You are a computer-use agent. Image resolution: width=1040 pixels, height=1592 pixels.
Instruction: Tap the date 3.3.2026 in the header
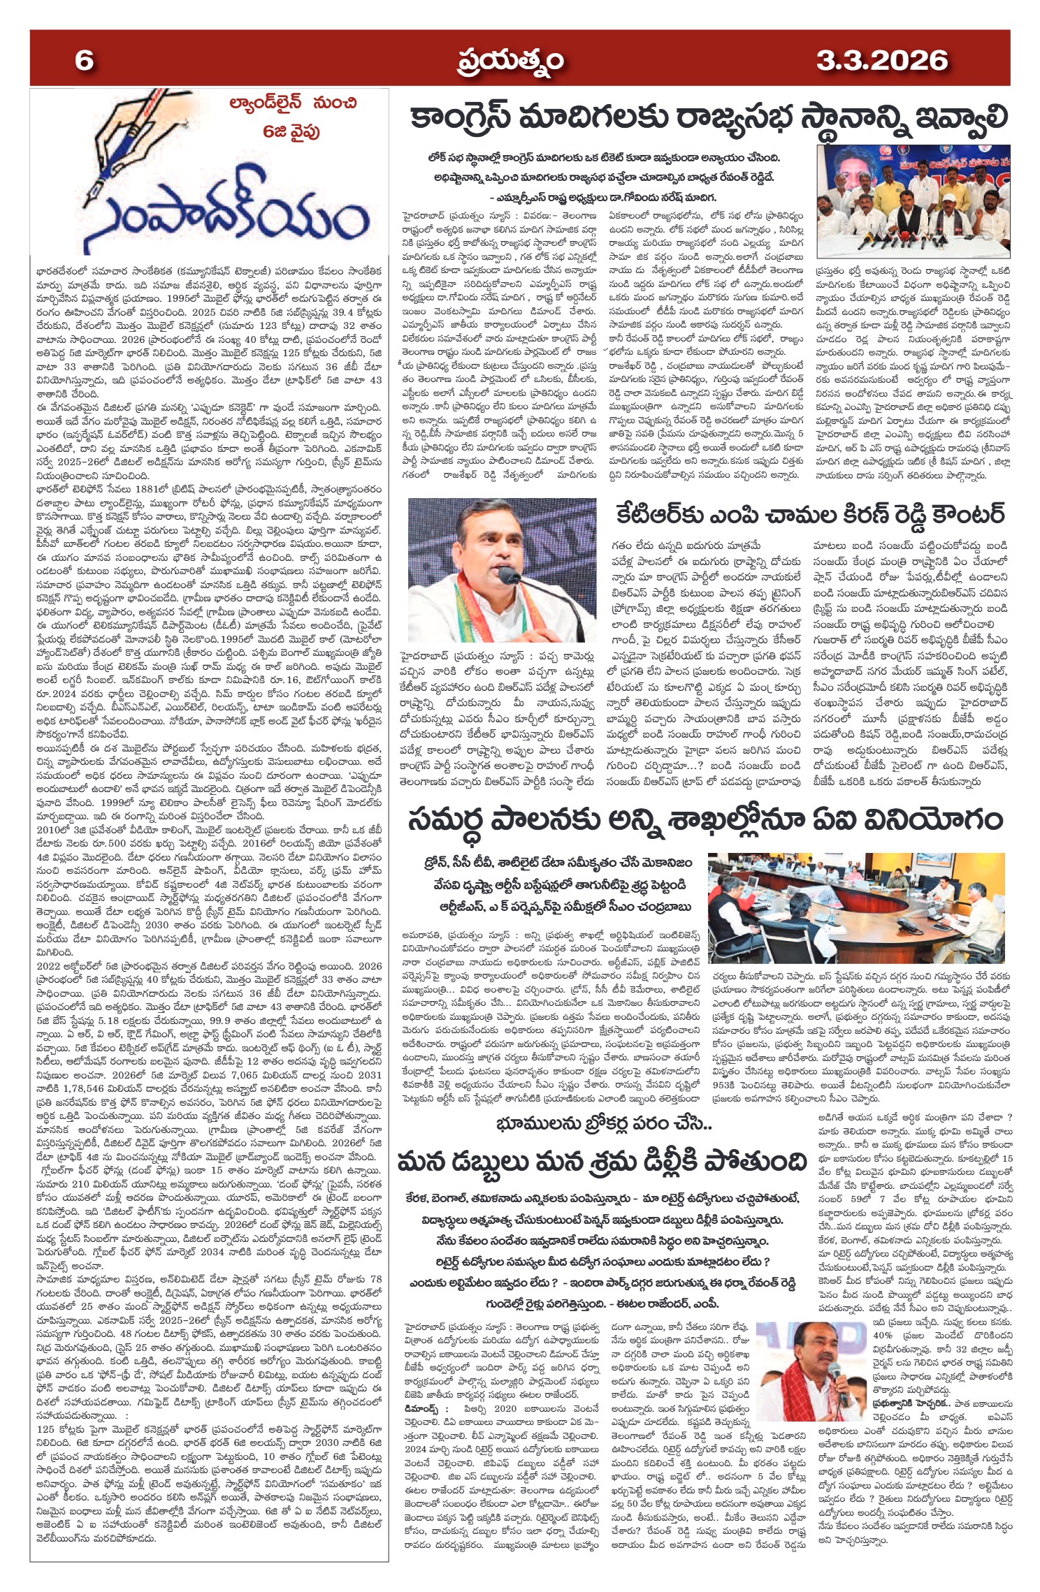tap(882, 61)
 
